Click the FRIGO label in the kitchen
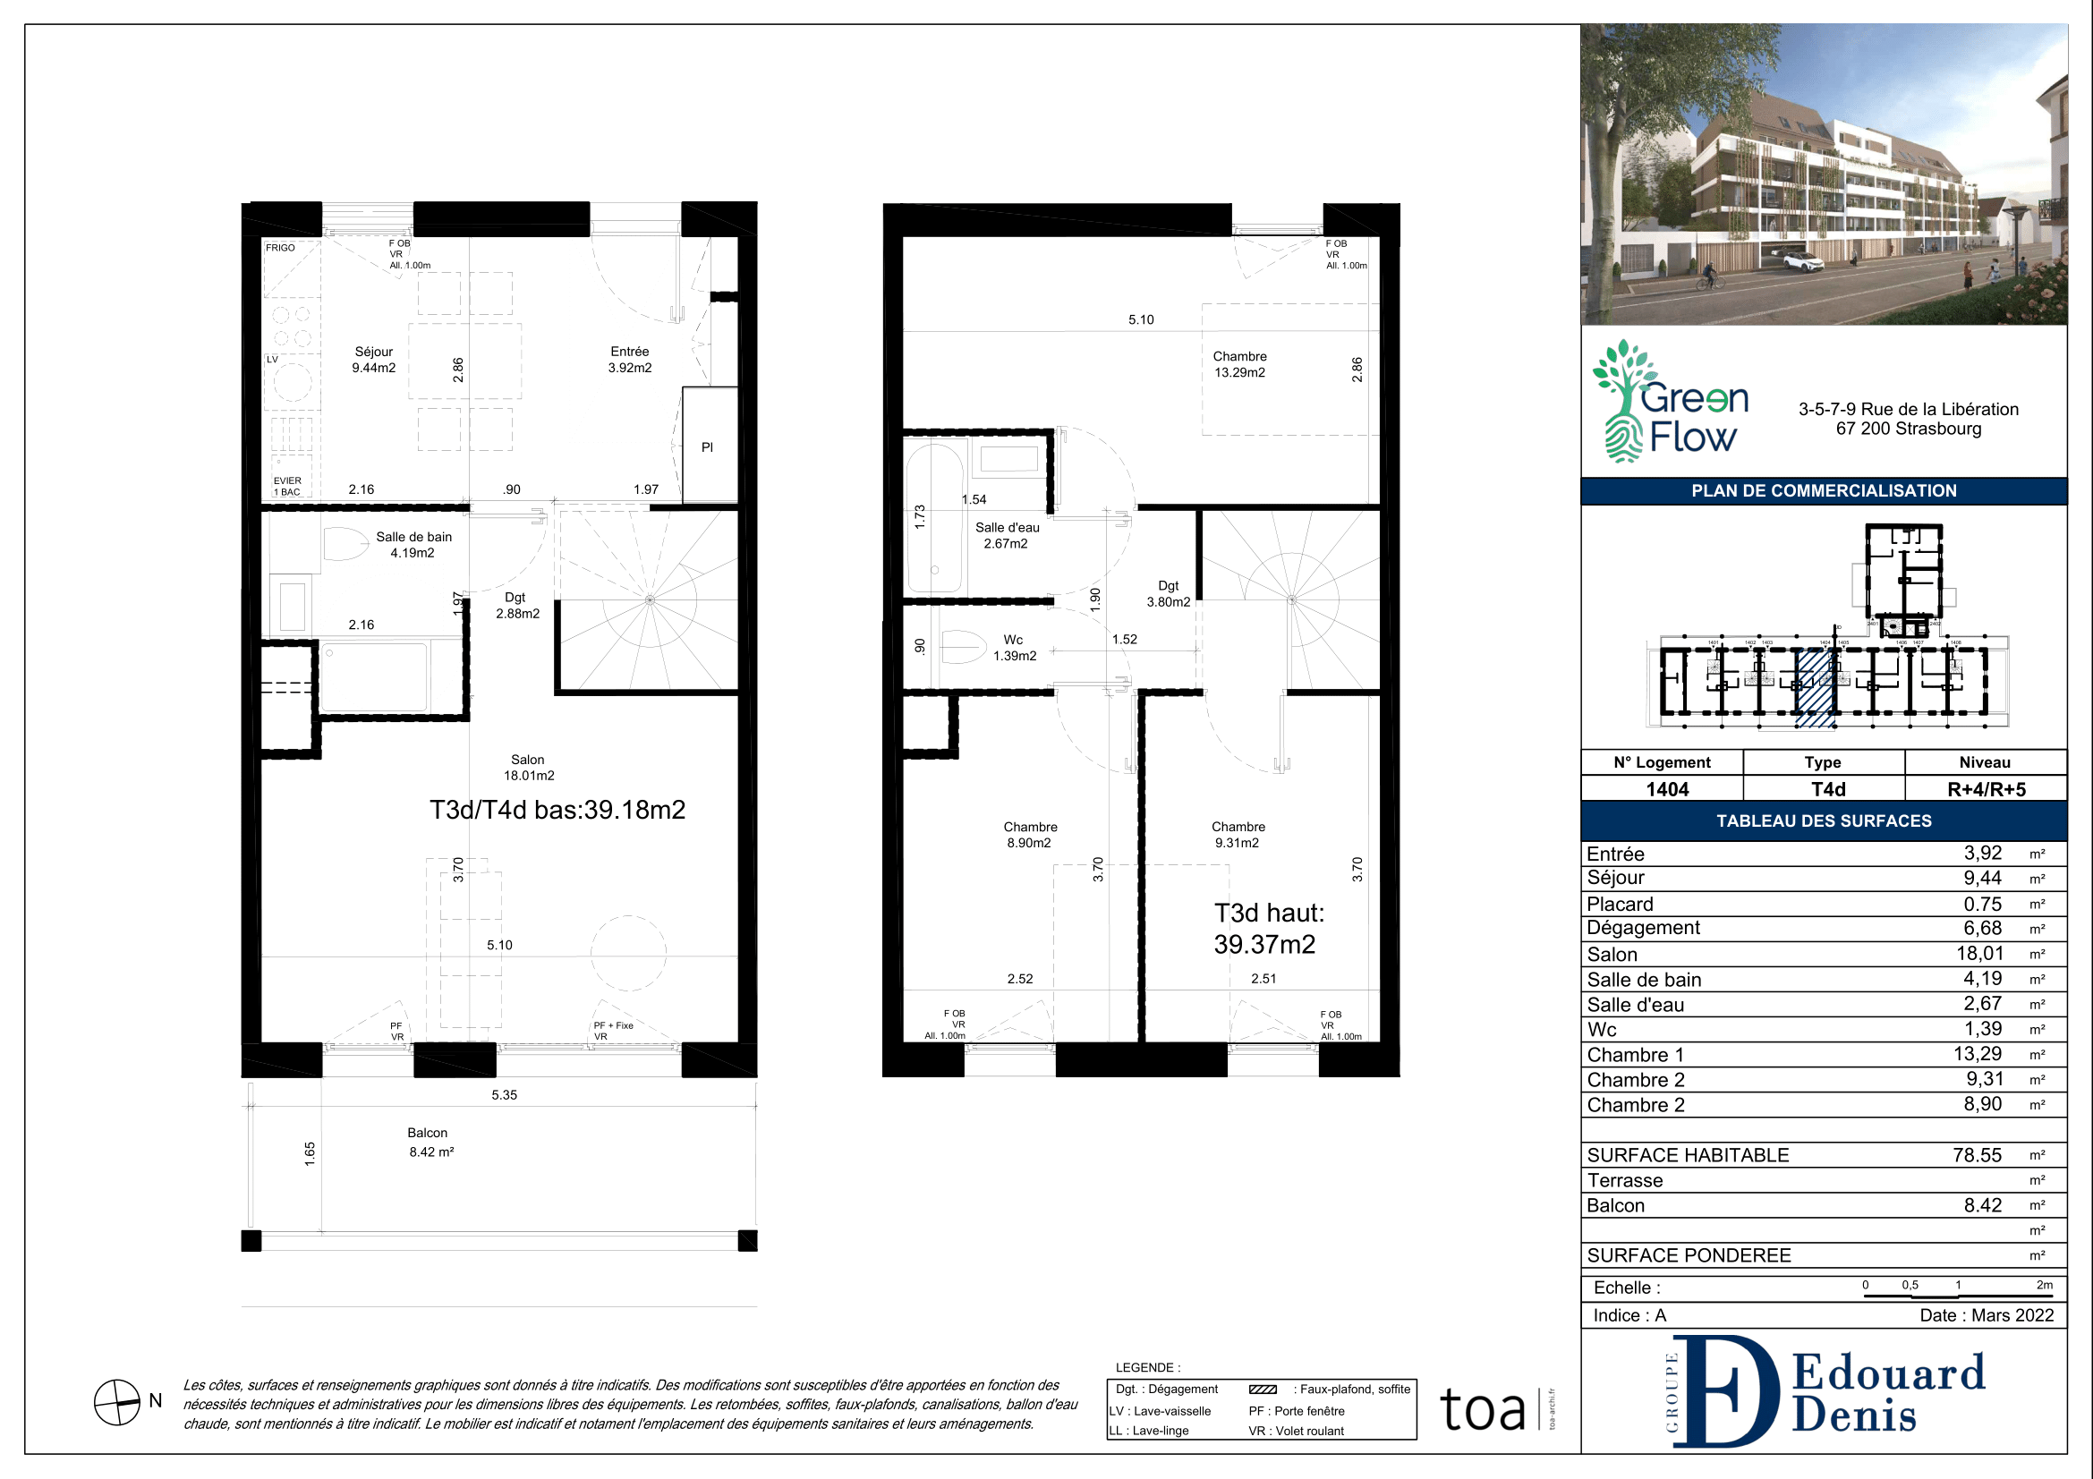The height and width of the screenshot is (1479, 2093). [x=280, y=248]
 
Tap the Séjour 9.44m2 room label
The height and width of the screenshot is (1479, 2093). [x=374, y=360]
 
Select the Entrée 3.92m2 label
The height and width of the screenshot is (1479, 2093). [x=630, y=360]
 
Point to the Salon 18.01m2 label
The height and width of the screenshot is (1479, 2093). [x=529, y=768]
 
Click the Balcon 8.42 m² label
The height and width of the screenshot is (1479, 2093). [x=430, y=1142]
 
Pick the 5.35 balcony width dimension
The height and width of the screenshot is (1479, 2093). [x=504, y=1095]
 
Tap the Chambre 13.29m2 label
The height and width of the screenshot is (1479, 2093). [x=1239, y=364]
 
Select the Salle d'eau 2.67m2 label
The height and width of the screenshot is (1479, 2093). [x=1007, y=536]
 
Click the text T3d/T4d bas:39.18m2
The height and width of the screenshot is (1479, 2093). [x=557, y=810]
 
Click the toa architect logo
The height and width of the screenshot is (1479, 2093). [x=1483, y=1410]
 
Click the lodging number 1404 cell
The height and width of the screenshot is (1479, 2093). [x=1666, y=789]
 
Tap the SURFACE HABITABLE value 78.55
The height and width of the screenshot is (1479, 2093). [x=1977, y=1155]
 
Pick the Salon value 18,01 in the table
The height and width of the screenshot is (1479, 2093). [x=1979, y=954]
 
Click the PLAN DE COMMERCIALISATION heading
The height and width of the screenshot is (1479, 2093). [x=1824, y=491]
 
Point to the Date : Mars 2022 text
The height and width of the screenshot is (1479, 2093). [x=1987, y=1316]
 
